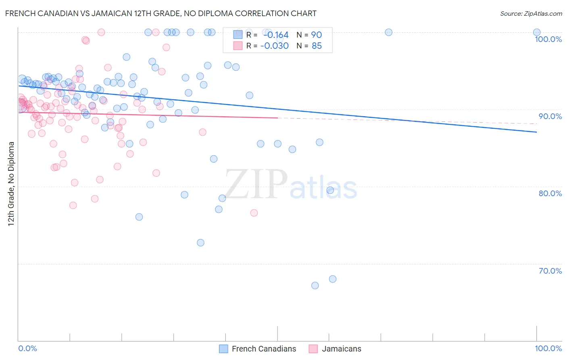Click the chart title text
[161, 13]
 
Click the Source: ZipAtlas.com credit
[531, 13]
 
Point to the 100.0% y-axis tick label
[548, 39]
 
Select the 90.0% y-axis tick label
[550, 116]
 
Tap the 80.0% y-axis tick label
[550, 193]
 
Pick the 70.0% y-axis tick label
[550, 271]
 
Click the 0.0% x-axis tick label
[28, 348]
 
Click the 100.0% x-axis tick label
[548, 348]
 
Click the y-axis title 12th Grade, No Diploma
[11, 184]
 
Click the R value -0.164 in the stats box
[276, 35]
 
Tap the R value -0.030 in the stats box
[275, 46]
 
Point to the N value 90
[317, 35]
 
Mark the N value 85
[317, 46]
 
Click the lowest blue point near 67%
[315, 285]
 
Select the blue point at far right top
[537, 32]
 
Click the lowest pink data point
[254, 213]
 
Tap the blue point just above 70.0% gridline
[333, 279]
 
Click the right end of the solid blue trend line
[537, 132]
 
